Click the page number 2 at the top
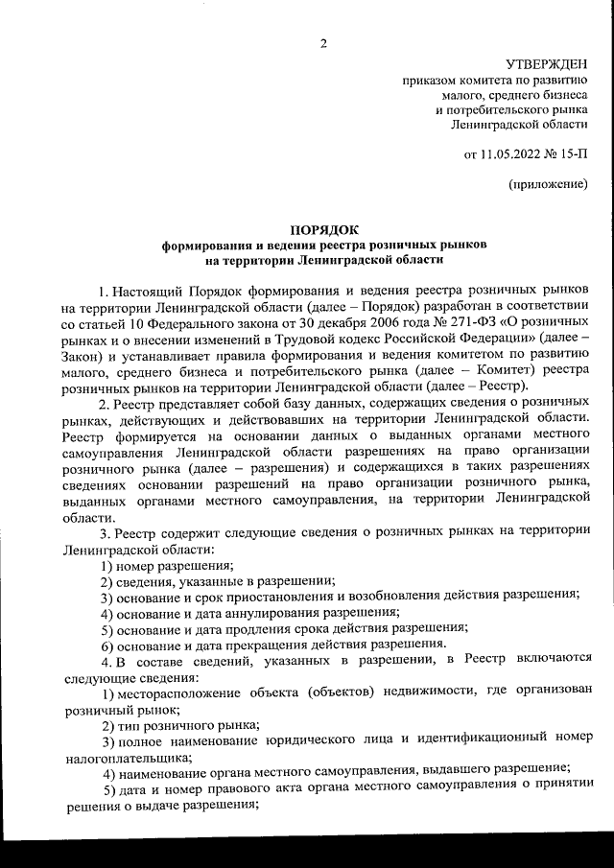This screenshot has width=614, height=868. point(323,42)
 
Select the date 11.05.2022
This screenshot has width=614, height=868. point(511,152)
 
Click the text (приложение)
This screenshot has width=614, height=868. point(548,183)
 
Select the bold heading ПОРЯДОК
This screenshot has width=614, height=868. point(323,229)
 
